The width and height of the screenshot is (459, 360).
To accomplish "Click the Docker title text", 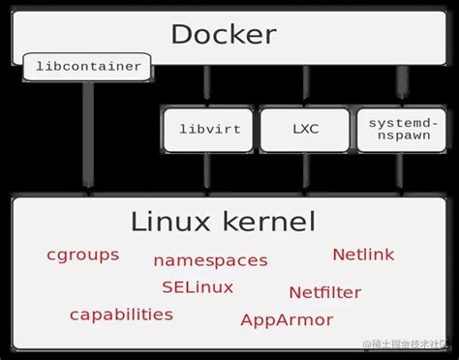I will click(x=224, y=35).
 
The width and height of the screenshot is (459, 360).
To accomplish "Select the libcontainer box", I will click(x=88, y=67).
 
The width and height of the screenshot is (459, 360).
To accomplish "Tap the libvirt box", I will click(x=208, y=129).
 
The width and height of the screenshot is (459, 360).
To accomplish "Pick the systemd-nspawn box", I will click(x=398, y=130).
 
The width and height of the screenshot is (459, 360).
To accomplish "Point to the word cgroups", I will click(x=83, y=255).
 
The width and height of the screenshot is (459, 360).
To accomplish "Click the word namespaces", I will click(x=210, y=260).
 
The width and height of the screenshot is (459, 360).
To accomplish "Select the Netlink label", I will click(x=363, y=255).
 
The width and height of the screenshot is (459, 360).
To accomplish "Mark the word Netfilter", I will click(x=325, y=291).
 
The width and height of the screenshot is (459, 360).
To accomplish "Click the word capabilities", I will click(x=121, y=315).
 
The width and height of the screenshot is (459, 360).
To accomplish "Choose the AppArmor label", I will click(x=287, y=320).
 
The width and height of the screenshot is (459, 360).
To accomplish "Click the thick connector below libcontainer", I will click(x=88, y=135).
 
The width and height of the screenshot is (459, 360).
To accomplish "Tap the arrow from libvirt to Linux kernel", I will click(x=207, y=174).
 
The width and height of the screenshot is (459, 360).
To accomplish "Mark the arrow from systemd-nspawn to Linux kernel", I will click(x=398, y=174).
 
